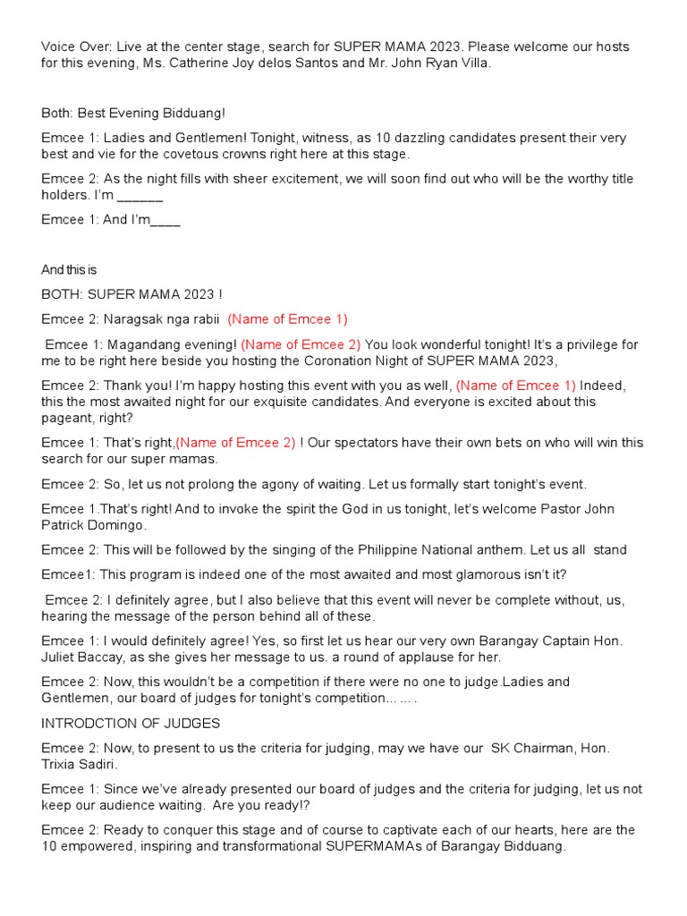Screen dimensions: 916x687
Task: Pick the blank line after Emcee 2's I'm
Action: click(x=140, y=195)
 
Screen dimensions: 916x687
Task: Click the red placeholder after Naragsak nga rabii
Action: click(x=287, y=318)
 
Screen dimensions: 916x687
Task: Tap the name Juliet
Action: click(x=61, y=657)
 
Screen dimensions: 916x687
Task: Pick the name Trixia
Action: click(x=62, y=764)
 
